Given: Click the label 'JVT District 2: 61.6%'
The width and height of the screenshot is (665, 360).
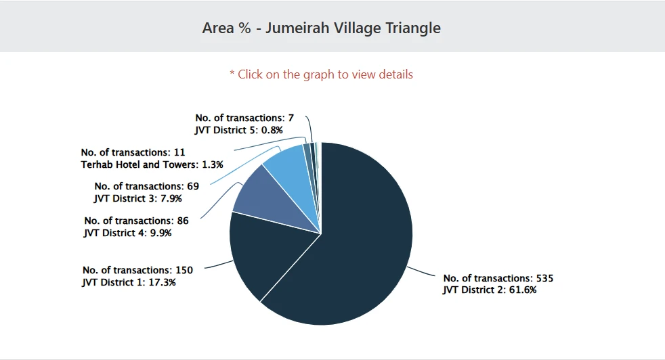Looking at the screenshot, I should (x=490, y=290).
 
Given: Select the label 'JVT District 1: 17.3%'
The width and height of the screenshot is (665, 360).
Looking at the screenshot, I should (x=129, y=282).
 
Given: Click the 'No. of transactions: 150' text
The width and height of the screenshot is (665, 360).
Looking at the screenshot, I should (x=137, y=270).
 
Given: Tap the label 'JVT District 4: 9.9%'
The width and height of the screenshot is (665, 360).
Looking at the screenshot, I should (x=128, y=233).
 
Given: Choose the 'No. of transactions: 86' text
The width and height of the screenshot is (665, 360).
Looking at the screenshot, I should (x=136, y=221).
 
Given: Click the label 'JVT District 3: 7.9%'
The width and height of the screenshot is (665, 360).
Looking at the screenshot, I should (x=138, y=198).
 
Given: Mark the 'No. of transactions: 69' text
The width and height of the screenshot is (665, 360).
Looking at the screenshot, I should (x=146, y=186).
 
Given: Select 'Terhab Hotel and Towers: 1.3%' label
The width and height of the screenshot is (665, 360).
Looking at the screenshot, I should (x=152, y=164).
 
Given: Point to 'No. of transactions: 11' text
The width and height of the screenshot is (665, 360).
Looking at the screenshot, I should (x=133, y=152).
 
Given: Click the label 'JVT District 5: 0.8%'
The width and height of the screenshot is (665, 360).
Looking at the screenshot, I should (x=238, y=129).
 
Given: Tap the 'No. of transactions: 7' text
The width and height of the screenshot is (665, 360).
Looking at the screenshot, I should (x=244, y=118).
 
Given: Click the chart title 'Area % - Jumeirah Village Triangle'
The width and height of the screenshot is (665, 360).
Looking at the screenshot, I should (x=322, y=28).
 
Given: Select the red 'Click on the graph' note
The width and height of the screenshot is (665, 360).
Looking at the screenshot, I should (x=321, y=74).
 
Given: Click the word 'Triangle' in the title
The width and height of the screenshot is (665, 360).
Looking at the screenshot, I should (x=413, y=28).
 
